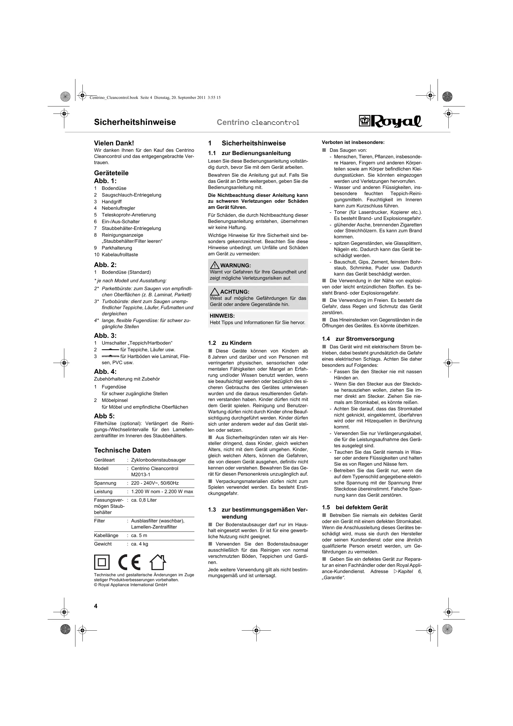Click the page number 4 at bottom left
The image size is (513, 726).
point(96,606)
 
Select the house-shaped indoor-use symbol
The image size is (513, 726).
point(158,562)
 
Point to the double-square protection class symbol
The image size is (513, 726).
point(102,562)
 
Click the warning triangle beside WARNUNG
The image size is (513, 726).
point(215,265)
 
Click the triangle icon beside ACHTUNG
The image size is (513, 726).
point(215,291)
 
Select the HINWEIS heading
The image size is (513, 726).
point(222,316)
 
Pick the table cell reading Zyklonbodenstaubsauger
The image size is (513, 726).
point(158,460)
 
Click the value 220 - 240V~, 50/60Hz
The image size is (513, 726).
point(155,483)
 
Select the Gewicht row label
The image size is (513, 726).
point(103,544)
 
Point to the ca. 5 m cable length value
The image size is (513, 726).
point(139,535)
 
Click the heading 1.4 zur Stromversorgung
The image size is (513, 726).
point(358,339)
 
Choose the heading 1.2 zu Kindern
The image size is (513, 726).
point(230,343)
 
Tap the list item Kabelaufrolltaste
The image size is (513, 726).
point(120,254)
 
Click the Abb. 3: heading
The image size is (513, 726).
point(105,336)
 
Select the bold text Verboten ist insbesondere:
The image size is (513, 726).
point(353,142)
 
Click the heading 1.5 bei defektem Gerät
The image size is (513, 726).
point(355,507)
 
